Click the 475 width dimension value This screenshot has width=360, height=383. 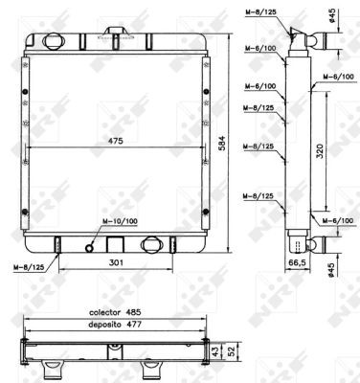tap(116, 141)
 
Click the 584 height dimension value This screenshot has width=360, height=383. tap(221, 144)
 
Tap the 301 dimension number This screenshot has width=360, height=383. tap(116, 262)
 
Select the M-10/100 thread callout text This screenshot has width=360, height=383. tap(120, 221)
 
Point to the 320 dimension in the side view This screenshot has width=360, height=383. tap(320, 151)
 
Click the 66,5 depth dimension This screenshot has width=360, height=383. tap(297, 262)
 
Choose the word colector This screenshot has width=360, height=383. tap(105, 312)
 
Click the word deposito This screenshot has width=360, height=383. tap(105, 325)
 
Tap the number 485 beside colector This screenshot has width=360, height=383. tap(133, 312)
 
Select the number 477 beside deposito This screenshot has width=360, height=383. tap(133, 325)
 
